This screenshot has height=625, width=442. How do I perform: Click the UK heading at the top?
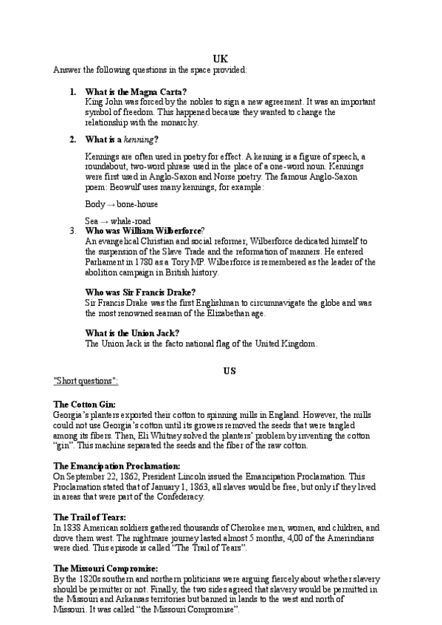[x=220, y=58]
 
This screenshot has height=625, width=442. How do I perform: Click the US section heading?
[x=229, y=371]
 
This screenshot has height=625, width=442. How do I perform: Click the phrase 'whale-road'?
[x=130, y=220]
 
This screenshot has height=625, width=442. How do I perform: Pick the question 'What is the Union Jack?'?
[x=132, y=333]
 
